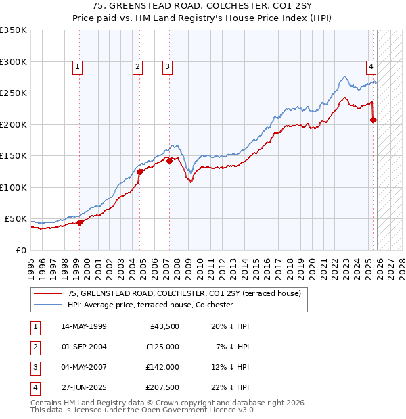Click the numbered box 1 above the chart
pyautogui.click(x=78, y=66)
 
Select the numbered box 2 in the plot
pyautogui.click(x=137, y=66)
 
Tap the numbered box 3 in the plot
pyautogui.click(x=166, y=66)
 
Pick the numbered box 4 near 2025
pyautogui.click(x=371, y=66)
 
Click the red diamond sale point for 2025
pyautogui.click(x=374, y=120)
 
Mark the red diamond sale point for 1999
pyautogui.click(x=79, y=222)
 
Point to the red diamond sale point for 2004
pyautogui.click(x=140, y=172)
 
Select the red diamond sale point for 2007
pyautogui.click(x=169, y=161)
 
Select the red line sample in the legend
pyautogui.click(x=47, y=293)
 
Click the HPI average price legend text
pyautogui.click(x=150, y=305)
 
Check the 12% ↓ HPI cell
pyautogui.click(x=229, y=367)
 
